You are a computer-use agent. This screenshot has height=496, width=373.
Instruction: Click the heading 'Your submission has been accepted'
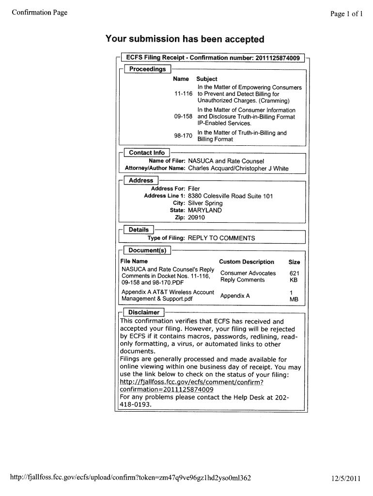(185, 39)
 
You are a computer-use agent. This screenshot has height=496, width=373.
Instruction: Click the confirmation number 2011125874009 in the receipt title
(276, 58)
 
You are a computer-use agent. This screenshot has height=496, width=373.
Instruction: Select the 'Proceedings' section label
(147, 69)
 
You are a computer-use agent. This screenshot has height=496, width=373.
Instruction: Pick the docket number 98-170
(183, 136)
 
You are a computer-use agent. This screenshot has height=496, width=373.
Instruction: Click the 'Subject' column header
(206, 79)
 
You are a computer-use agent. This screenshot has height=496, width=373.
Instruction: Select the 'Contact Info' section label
(146, 153)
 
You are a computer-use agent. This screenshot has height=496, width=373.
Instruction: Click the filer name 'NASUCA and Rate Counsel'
(226, 161)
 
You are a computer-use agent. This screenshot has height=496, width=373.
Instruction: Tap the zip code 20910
(196, 218)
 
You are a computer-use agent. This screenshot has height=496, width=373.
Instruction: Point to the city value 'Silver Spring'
(205, 203)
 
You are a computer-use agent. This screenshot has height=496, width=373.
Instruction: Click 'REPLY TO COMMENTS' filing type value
(221, 238)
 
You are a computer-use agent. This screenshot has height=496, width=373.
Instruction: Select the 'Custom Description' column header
(247, 262)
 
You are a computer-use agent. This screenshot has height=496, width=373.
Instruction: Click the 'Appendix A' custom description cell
(235, 295)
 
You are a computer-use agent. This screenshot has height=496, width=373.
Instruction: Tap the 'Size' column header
(294, 262)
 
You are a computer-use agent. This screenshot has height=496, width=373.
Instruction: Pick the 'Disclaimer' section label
(144, 312)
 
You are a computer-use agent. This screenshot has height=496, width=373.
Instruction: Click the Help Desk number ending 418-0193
(136, 404)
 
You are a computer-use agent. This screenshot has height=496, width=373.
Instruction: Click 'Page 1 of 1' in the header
(346, 14)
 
